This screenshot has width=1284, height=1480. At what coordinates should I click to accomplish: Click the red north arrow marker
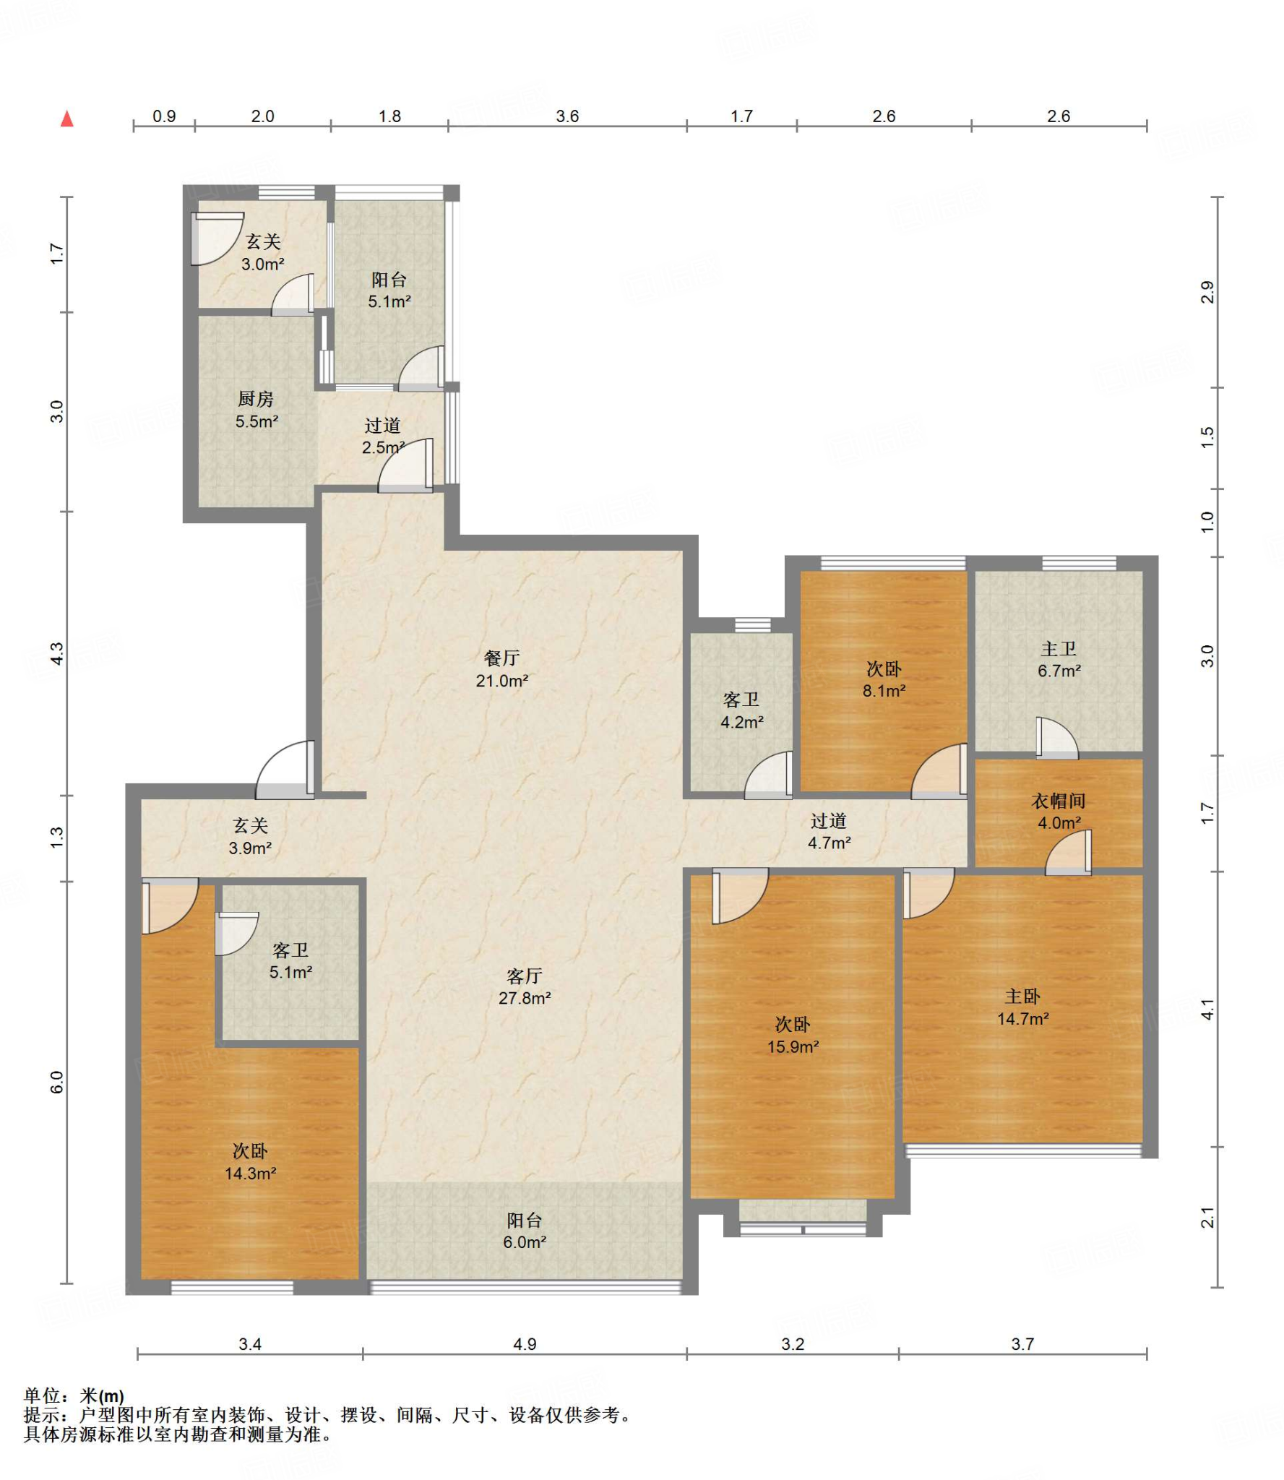tap(67, 119)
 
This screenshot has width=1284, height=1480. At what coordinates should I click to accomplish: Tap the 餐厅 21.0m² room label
tap(502, 669)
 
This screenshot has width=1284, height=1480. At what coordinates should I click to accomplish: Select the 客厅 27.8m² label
tap(525, 987)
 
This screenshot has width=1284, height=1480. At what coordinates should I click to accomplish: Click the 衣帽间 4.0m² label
tap(1059, 812)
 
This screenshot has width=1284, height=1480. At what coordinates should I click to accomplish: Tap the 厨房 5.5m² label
tap(256, 410)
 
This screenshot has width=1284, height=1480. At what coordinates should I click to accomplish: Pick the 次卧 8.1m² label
tap(884, 680)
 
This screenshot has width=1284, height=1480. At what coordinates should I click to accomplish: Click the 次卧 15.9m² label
tap(793, 1035)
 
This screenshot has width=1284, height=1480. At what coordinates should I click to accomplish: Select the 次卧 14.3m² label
tap(250, 1162)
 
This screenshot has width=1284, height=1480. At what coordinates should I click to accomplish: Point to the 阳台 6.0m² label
tap(525, 1231)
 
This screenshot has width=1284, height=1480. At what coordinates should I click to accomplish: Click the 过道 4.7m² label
tap(829, 832)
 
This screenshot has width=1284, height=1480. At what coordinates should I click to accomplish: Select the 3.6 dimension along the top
tap(567, 116)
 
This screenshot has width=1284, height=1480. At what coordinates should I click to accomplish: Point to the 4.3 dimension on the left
tap(57, 653)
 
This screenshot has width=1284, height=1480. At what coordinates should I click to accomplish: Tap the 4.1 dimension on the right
tap(1207, 1010)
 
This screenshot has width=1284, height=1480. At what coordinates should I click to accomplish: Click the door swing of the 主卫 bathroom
tap(1057, 737)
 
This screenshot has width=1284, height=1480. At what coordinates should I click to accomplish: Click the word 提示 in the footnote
tap(41, 1415)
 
